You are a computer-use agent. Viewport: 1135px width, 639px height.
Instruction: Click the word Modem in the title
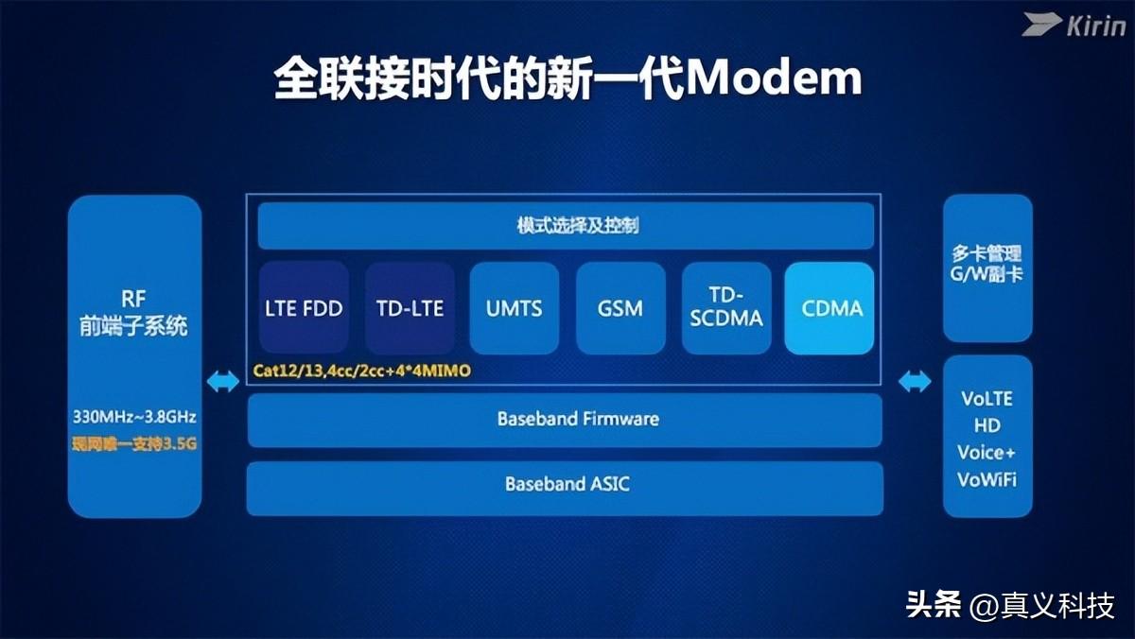(x=773, y=80)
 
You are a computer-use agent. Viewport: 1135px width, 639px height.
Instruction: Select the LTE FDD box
(x=304, y=308)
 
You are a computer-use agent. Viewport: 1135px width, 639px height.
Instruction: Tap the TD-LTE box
(x=410, y=308)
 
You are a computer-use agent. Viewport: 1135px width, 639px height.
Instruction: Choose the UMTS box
(x=515, y=308)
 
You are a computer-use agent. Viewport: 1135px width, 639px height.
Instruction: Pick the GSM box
(x=620, y=308)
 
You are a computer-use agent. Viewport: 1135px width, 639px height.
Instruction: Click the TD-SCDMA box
(x=725, y=308)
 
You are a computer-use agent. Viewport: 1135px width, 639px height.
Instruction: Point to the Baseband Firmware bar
(x=565, y=419)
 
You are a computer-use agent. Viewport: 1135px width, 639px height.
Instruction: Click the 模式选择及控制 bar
(x=565, y=226)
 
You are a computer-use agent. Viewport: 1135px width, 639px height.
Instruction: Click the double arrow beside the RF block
(x=223, y=381)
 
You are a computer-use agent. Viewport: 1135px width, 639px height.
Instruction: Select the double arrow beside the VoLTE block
(x=915, y=381)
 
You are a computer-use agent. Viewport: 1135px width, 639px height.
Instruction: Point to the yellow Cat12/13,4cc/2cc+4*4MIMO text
(x=361, y=371)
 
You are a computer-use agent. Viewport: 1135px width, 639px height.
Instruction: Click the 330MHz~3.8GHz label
(x=134, y=416)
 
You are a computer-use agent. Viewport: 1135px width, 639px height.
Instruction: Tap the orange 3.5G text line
(x=134, y=443)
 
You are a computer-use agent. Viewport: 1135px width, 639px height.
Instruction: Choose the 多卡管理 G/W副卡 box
(x=987, y=266)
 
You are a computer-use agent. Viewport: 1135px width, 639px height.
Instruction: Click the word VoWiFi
(x=987, y=479)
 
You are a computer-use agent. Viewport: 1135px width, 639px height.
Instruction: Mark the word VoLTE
(x=987, y=398)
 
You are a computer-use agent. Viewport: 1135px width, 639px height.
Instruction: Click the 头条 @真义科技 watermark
(x=1010, y=605)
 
